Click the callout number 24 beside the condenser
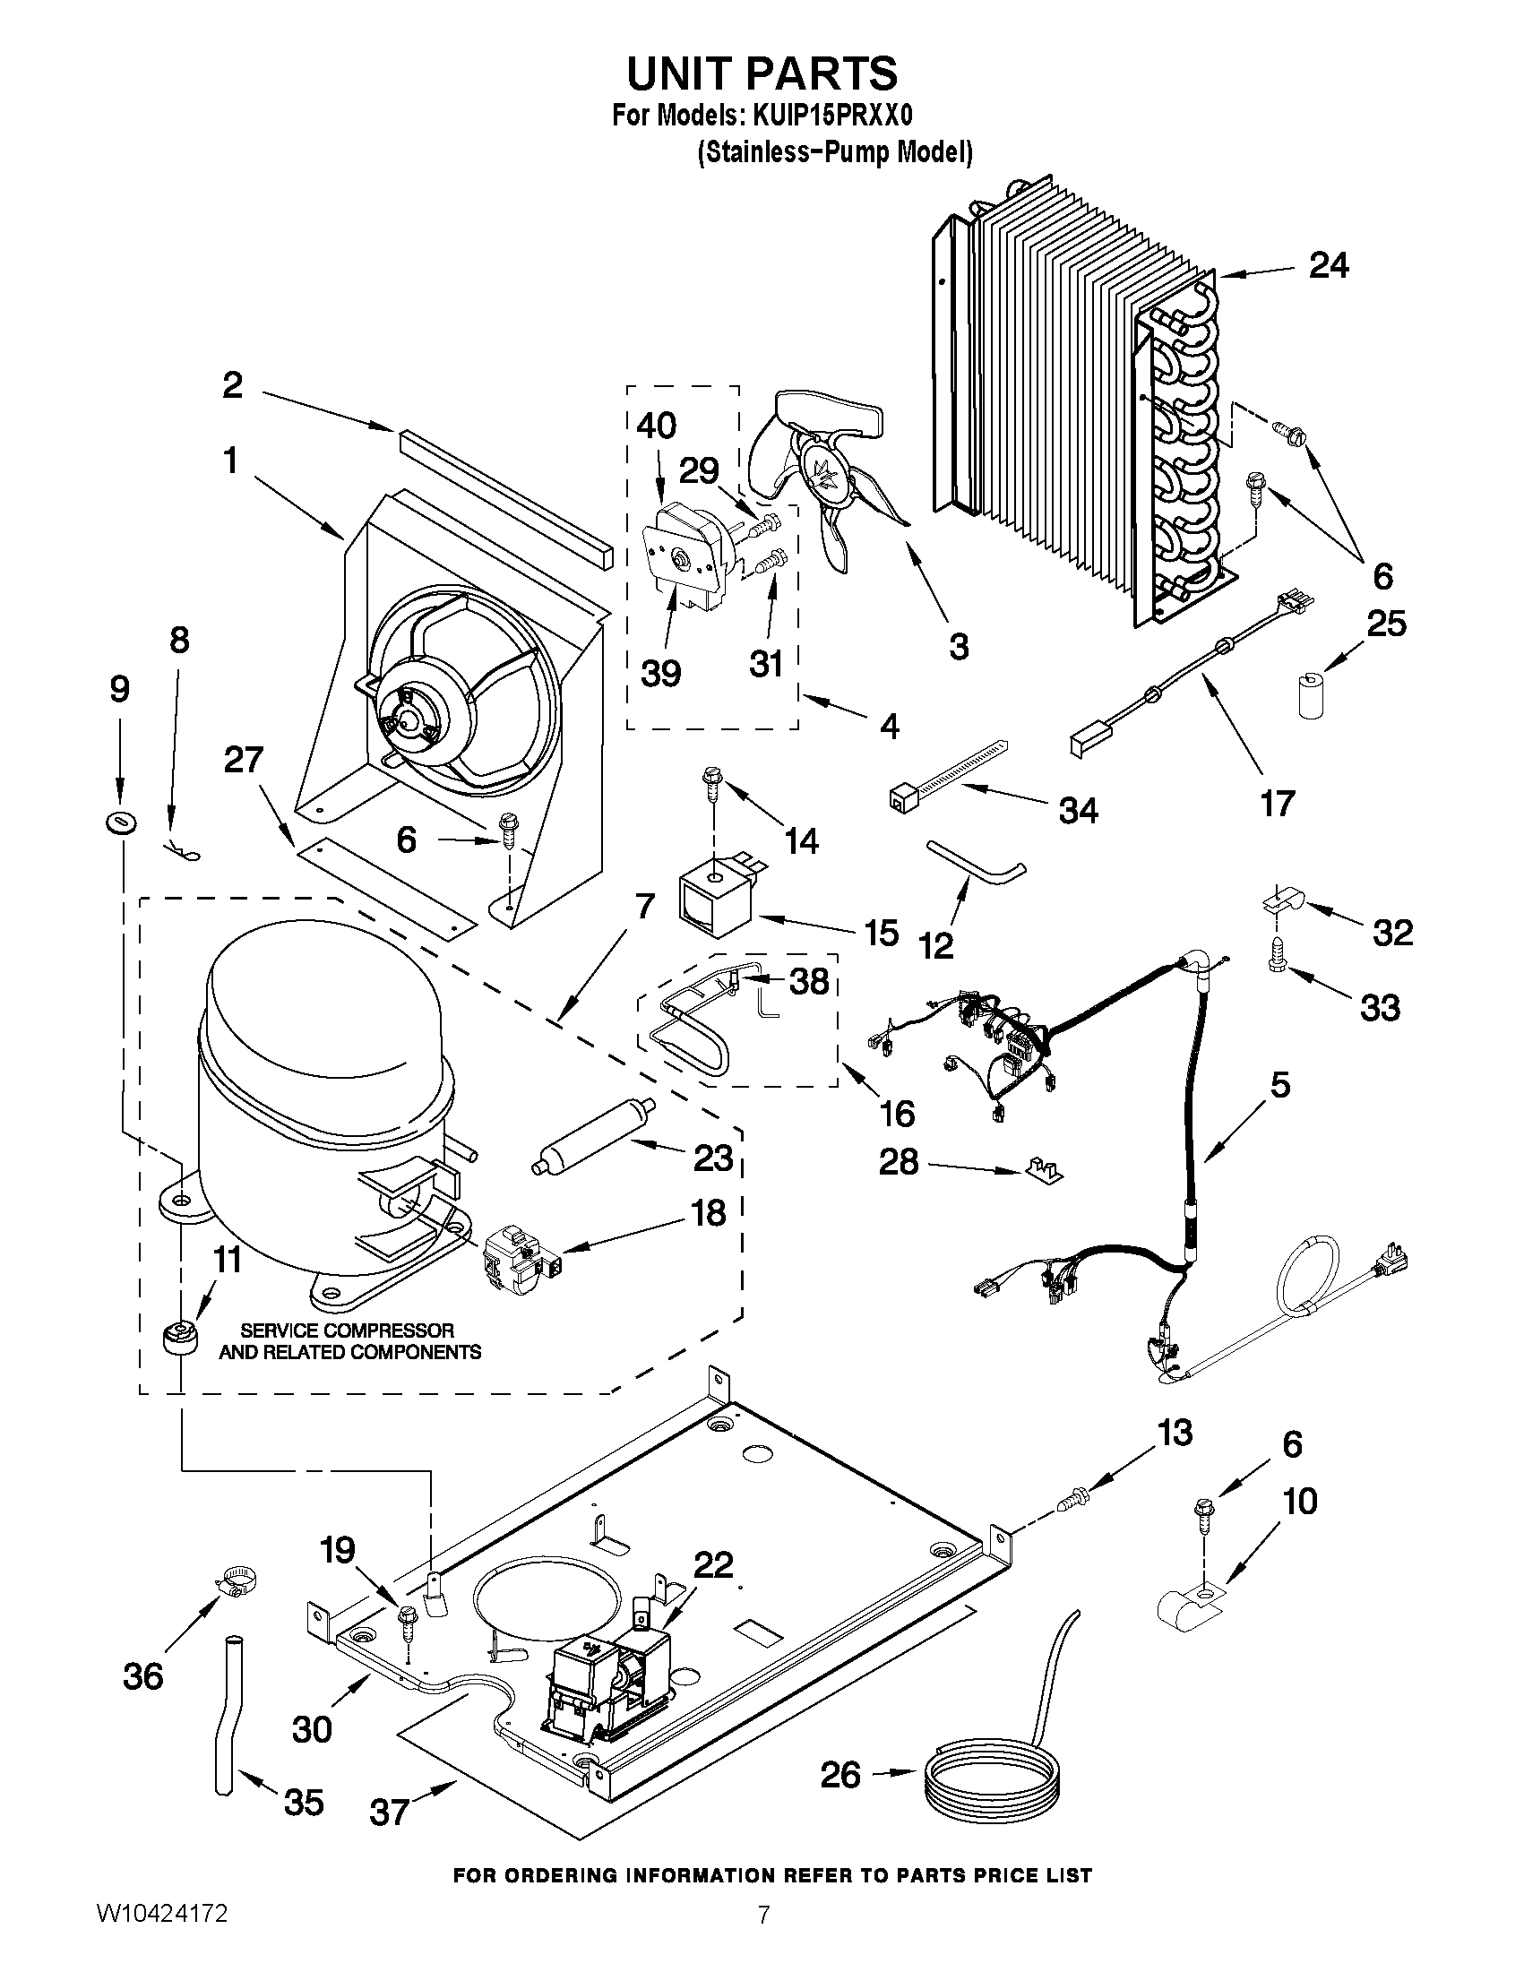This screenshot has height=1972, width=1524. [x=1329, y=265]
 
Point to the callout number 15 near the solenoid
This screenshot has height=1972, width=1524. [x=882, y=932]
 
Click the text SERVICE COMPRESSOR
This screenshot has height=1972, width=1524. [x=348, y=1330]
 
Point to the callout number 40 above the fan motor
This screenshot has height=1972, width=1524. [x=657, y=425]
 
